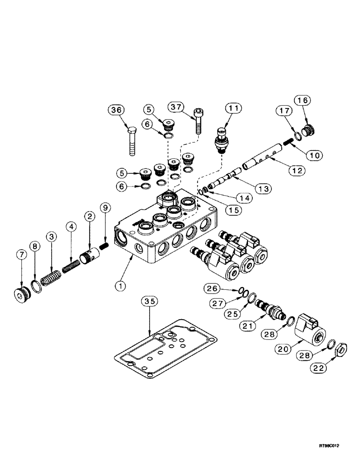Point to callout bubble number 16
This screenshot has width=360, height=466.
point(302,101)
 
